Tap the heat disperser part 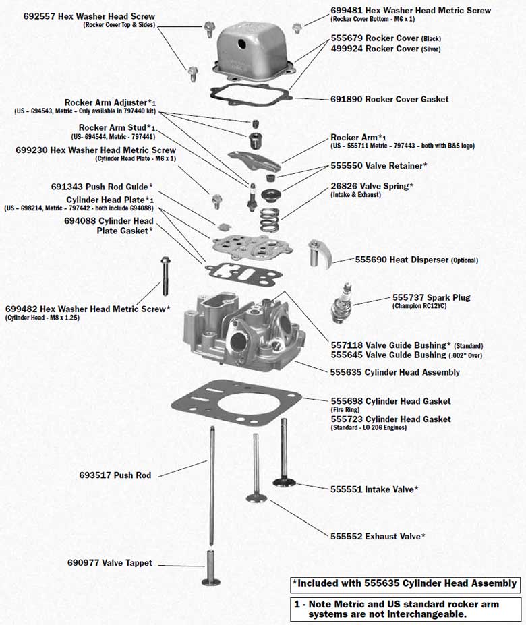[x=318, y=254]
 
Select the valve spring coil [x=270, y=218]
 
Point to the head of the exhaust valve [x=256, y=498]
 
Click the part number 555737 [x=407, y=297]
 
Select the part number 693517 [x=95, y=475]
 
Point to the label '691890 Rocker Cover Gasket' [x=389, y=99]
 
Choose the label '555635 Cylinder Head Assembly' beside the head [x=394, y=372]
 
